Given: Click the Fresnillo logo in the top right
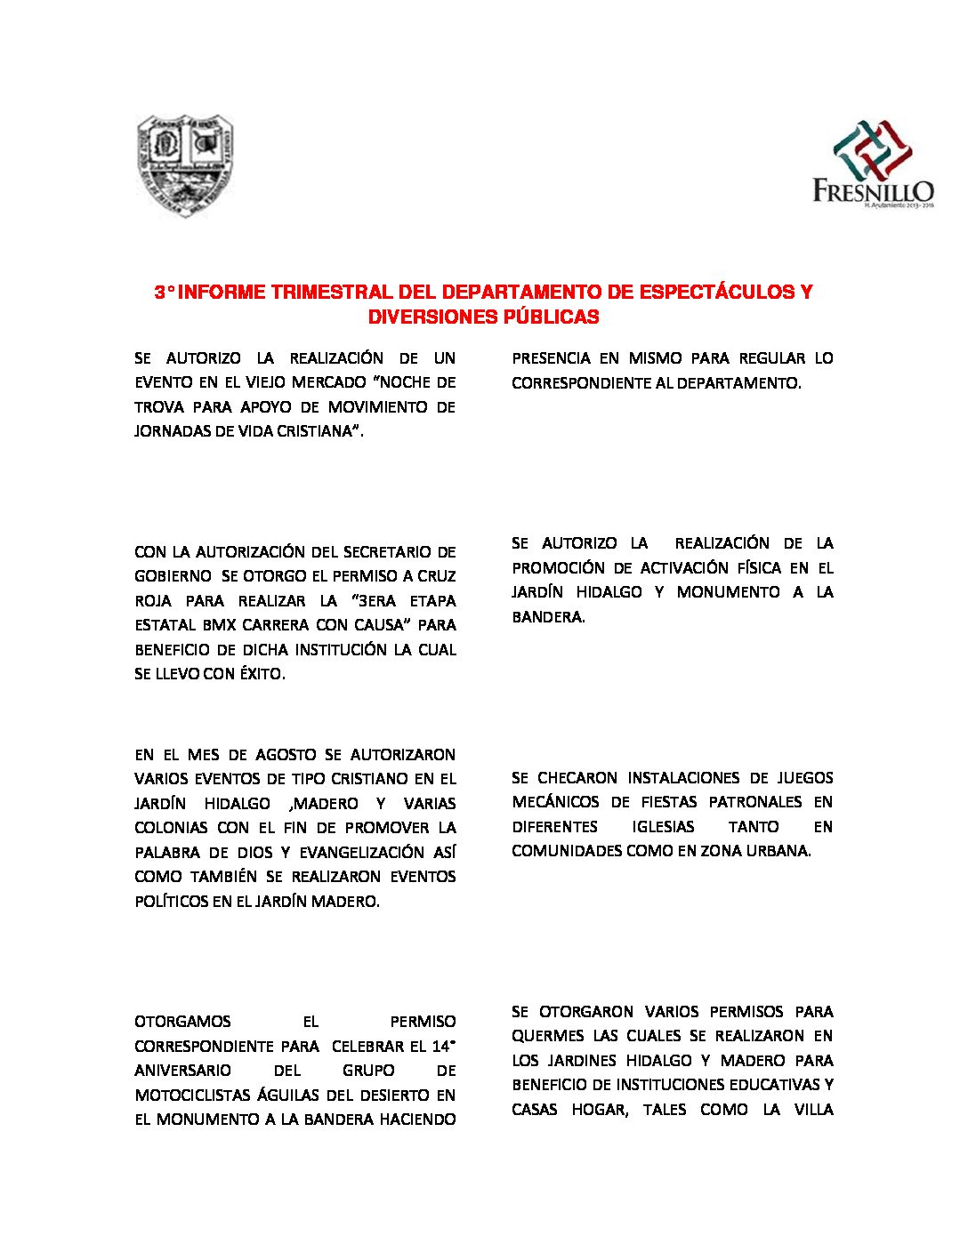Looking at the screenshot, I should click(872, 165).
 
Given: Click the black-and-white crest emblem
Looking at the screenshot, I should click(185, 165).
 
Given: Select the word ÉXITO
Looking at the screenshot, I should click(262, 674).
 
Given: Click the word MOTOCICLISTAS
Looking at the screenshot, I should click(191, 1095).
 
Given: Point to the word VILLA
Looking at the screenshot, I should click(814, 1110).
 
